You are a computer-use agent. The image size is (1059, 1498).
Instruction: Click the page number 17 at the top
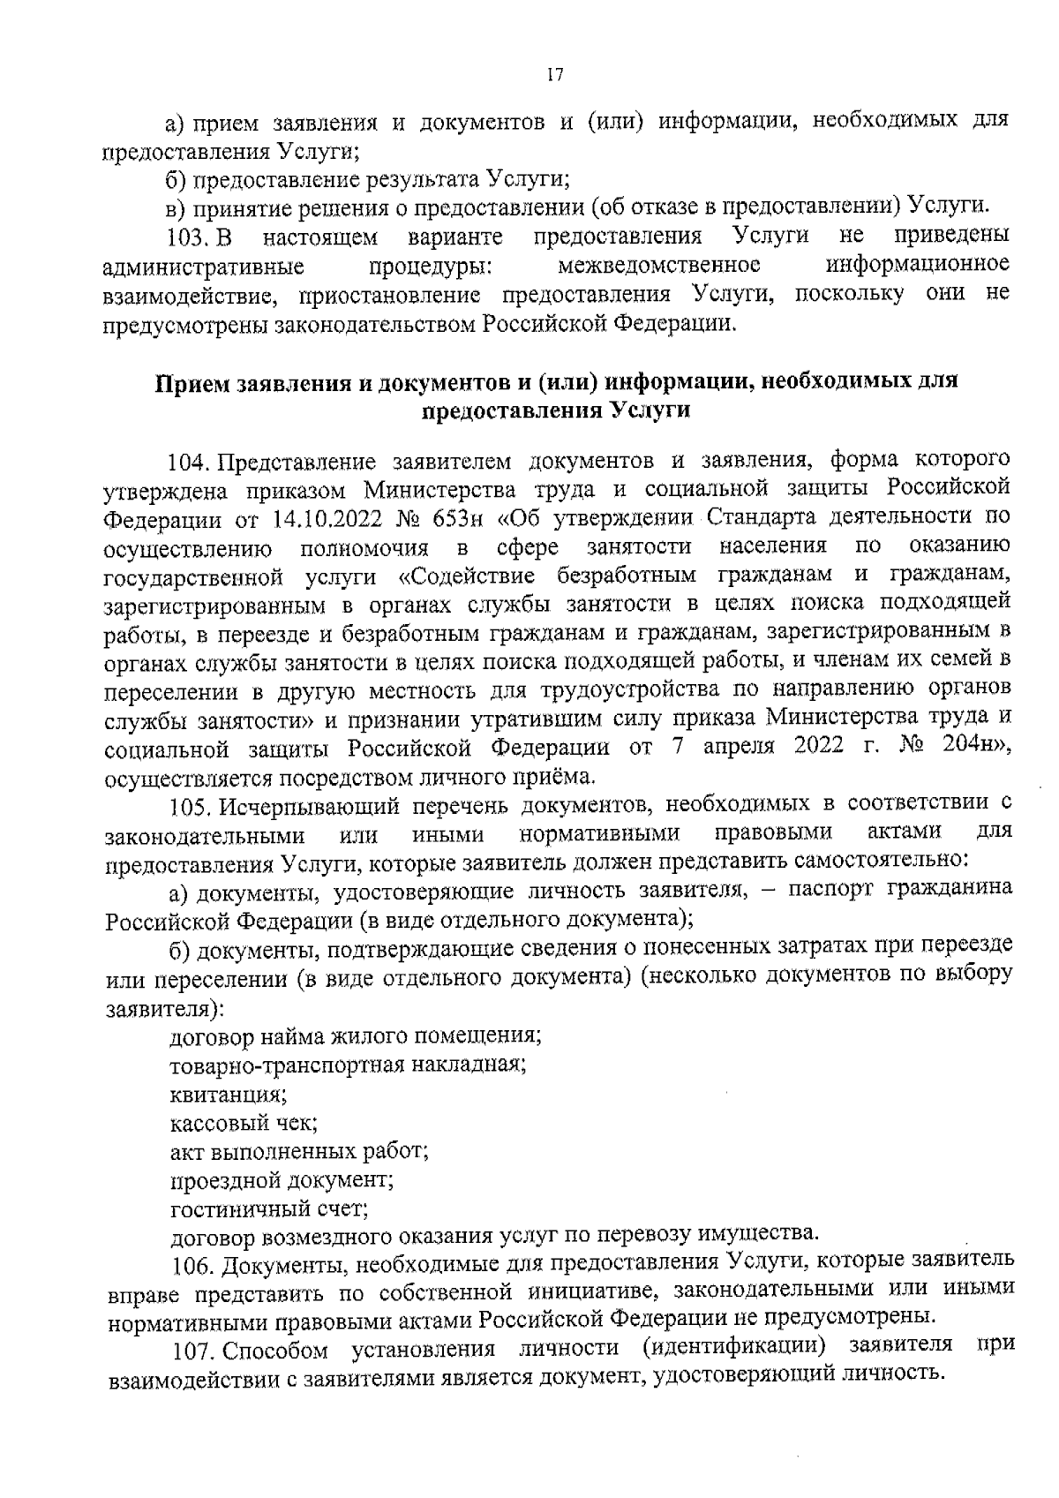[x=555, y=76]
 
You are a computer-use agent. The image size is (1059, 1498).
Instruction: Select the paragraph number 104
[x=187, y=461]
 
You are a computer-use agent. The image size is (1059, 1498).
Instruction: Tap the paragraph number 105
[x=187, y=806]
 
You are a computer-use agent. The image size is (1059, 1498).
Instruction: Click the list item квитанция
[x=228, y=1095]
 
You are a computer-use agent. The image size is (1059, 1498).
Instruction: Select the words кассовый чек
[x=244, y=1123]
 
